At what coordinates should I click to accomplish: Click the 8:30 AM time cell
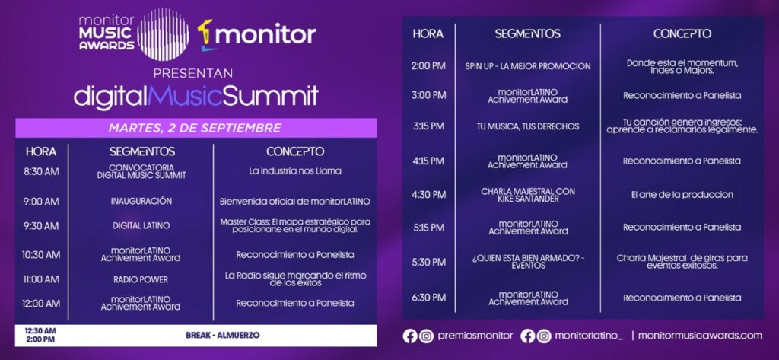tap(41, 171)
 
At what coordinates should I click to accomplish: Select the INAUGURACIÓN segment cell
tap(141, 201)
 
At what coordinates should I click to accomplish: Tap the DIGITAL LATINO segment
tap(141, 225)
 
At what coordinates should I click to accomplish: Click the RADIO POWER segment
tap(141, 279)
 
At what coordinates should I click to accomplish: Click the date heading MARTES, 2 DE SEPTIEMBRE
tap(195, 127)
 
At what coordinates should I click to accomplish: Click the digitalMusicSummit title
tap(196, 97)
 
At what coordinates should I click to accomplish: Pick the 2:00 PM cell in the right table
tap(428, 66)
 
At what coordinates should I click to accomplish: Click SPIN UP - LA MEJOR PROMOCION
tap(527, 66)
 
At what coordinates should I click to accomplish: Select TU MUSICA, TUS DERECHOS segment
tap(527, 126)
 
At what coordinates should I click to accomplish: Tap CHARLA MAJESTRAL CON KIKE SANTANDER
tap(527, 194)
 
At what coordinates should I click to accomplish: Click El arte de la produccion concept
tap(682, 194)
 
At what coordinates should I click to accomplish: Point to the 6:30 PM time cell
tap(428, 298)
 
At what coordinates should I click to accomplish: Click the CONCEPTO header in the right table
tap(682, 33)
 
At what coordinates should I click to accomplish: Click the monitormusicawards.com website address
tap(700, 336)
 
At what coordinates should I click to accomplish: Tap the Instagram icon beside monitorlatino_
tap(544, 336)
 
